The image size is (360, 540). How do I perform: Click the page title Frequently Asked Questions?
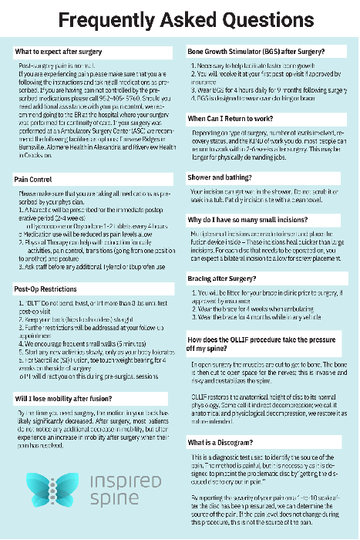pyautogui.click(x=180, y=20)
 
